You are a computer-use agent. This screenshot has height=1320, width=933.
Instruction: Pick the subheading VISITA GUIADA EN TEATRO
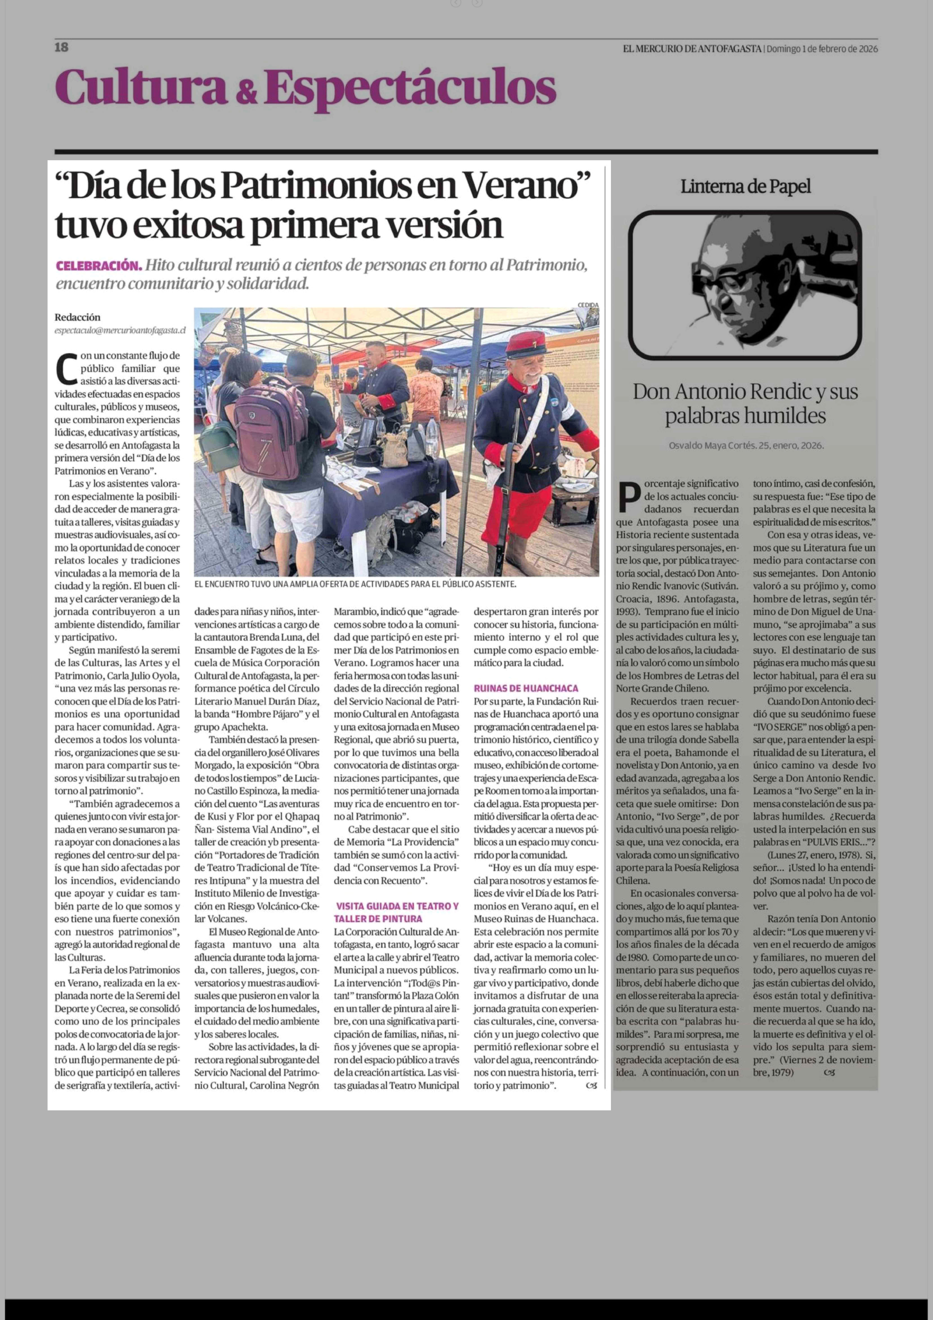[397, 906]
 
